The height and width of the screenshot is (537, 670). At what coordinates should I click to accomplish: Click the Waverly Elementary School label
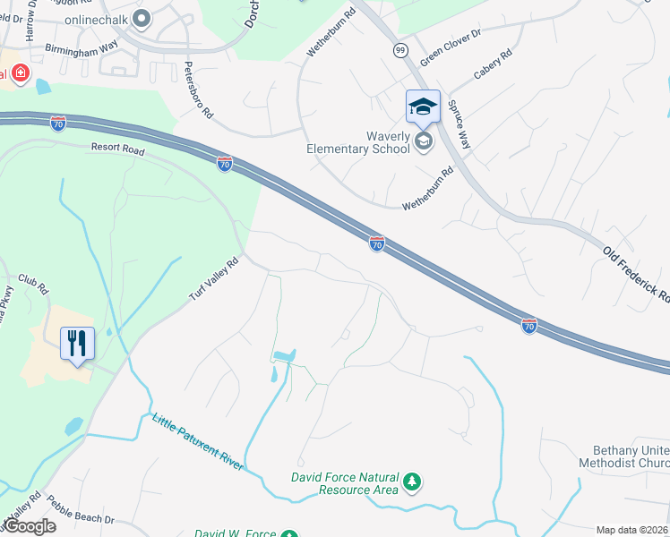[358, 141]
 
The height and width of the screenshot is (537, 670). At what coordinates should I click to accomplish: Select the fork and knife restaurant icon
[76, 342]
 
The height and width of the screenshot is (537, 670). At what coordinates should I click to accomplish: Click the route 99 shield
[399, 50]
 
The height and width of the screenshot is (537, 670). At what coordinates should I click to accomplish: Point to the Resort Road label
[116, 150]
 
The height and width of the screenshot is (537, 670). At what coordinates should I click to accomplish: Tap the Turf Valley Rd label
[214, 278]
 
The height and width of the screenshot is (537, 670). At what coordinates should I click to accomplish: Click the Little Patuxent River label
[197, 441]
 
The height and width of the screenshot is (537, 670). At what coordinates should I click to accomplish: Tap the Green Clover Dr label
[451, 49]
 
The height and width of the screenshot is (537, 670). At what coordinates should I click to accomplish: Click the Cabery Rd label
[493, 64]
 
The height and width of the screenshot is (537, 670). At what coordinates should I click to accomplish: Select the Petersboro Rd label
[199, 90]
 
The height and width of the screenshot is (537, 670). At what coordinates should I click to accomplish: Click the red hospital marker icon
[18, 73]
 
